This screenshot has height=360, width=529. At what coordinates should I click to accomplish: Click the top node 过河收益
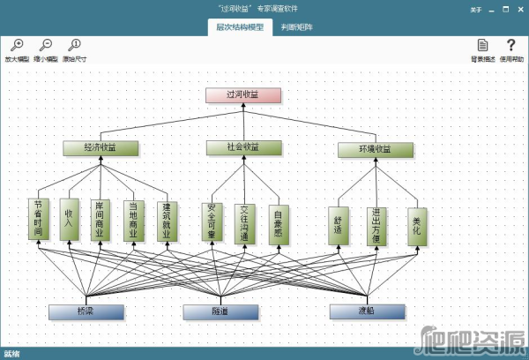(243, 94)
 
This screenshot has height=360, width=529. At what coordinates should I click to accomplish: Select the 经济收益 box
(101, 148)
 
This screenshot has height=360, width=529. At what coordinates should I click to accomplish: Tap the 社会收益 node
(244, 147)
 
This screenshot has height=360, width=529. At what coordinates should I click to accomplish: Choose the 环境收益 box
(376, 150)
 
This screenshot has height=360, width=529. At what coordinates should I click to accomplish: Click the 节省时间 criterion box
(38, 219)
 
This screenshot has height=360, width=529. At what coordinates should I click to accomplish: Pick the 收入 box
(71, 219)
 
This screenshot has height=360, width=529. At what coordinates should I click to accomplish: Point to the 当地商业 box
(134, 219)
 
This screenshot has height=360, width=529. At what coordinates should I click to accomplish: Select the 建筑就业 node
(166, 219)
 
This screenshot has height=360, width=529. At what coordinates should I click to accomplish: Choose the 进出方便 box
(377, 225)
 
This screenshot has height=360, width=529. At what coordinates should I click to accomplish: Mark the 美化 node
(417, 225)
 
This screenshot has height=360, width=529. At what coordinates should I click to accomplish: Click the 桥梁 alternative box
(86, 311)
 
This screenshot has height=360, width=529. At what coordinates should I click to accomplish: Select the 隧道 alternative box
(220, 311)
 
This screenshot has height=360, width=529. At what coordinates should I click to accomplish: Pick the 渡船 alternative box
(367, 311)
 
